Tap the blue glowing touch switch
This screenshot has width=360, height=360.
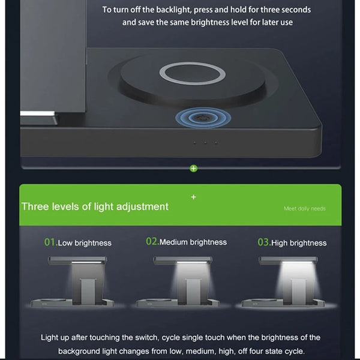tap(203, 118)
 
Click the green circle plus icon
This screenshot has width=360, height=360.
tap(194, 169)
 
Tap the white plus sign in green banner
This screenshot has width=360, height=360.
tap(194, 197)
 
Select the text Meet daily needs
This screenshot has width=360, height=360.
tap(305, 208)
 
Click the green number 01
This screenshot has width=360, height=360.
tap(50, 242)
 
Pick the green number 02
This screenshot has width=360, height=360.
tap(152, 242)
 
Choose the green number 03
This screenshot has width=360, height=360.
tap(263, 242)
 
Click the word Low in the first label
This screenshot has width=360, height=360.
tap(65, 243)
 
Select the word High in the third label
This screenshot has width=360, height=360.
tap(280, 243)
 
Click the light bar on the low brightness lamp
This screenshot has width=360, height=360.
tap(86, 262)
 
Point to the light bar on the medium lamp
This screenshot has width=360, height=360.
tap(192, 262)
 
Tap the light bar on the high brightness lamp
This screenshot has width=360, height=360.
tap(297, 262)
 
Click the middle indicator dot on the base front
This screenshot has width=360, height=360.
tap(205, 143)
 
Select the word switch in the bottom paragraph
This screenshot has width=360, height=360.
tap(146, 337)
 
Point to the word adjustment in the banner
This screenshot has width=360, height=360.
tap(142, 206)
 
